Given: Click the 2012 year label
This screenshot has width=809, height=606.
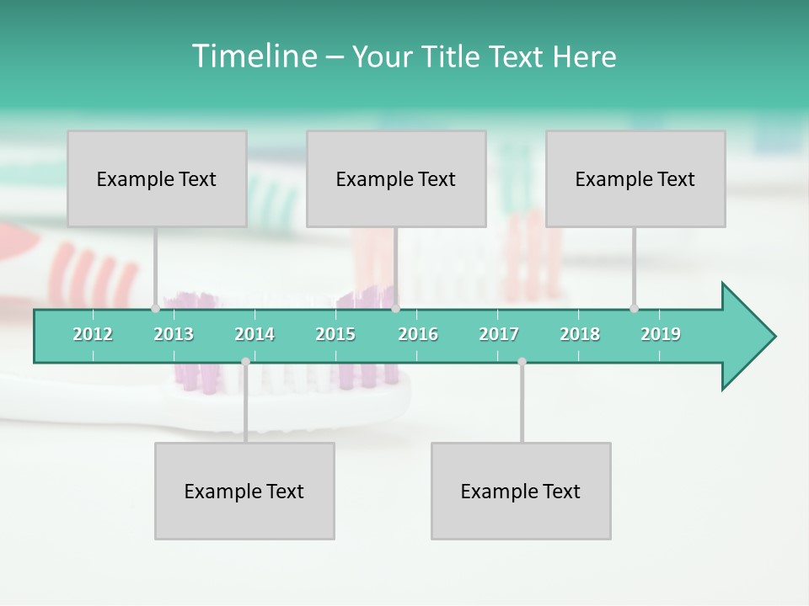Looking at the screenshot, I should [93, 334].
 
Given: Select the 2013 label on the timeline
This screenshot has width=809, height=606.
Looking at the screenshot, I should [174, 334].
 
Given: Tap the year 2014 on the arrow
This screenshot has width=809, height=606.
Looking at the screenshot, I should [254, 334].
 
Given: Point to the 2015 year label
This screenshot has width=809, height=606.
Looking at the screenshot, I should [335, 334].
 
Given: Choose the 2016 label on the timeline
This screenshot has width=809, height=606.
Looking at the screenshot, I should [418, 334].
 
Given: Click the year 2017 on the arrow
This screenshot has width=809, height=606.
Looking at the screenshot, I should [499, 334].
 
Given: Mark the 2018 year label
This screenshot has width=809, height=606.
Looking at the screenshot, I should [580, 334].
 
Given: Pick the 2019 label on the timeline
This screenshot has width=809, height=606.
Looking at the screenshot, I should [661, 334].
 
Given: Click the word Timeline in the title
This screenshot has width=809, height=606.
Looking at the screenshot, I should [252, 56].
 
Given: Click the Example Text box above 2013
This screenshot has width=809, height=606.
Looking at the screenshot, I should [157, 178].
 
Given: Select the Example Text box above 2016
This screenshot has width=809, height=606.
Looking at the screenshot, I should [396, 178].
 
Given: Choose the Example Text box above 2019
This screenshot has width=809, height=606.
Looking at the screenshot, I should [635, 178].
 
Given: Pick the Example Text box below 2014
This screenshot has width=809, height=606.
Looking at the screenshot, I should [244, 491].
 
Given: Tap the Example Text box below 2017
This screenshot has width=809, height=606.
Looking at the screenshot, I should [521, 491].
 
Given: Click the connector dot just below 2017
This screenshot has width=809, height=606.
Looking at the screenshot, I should [522, 361].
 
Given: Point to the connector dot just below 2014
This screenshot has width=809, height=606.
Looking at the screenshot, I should [245, 361].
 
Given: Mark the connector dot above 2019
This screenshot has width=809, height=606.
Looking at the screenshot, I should [634, 308].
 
